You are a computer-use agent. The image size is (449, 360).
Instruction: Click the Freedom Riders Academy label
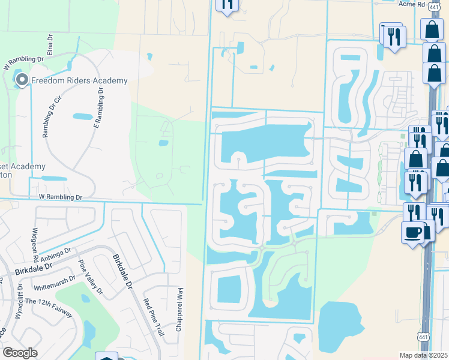tap(79, 80)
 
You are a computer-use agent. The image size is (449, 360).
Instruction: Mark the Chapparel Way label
tap(179, 308)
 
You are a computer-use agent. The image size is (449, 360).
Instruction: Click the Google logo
tap(20, 353)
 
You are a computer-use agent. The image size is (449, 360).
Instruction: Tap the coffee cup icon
tap(412, 232)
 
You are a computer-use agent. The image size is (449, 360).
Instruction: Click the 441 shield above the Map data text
tap(424, 340)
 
